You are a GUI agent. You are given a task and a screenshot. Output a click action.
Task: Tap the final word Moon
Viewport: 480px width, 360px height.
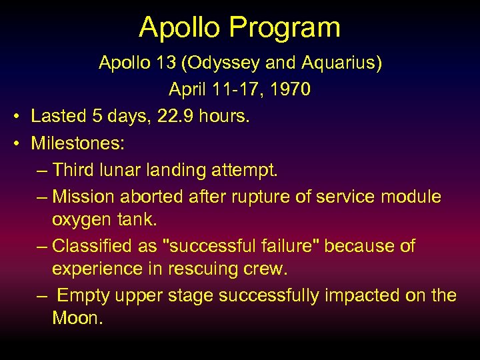[x=76, y=318]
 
